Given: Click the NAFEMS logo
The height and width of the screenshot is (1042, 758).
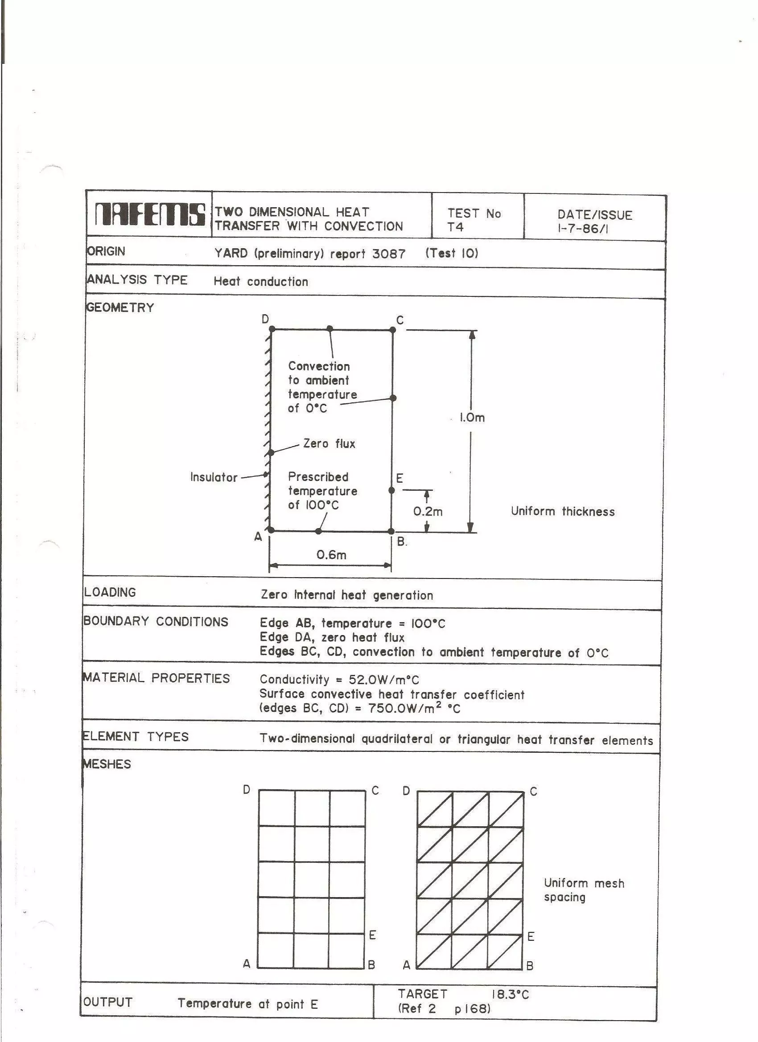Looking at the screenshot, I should point(149,214).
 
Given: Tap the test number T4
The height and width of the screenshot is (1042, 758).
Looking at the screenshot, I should point(456,227).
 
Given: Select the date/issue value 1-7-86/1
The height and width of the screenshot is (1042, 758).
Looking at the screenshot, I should point(583,228).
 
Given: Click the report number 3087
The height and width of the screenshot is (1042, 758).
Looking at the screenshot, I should point(388,254).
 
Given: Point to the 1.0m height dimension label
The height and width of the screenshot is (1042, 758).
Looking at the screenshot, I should point(472,418).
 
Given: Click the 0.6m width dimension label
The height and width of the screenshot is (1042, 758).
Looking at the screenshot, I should point(331,555).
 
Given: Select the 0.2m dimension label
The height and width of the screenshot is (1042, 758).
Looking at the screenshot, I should point(428,512).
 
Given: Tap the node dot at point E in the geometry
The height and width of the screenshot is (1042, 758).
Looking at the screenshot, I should point(391,491).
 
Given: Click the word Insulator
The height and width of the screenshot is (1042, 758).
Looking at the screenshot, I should point(214,477).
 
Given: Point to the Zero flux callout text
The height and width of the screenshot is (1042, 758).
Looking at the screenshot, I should point(329,444).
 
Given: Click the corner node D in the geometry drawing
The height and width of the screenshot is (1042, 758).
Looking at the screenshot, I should point(272,329).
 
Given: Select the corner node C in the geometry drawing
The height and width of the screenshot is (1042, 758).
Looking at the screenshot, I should point(392,330).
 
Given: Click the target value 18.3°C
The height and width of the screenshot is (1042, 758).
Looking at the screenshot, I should point(510,995).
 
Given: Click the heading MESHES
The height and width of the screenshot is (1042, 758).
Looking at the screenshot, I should point(107,764).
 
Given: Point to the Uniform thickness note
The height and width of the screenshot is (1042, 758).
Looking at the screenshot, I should point(563,512).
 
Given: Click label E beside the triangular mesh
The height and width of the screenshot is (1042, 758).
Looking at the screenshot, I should point(531,937).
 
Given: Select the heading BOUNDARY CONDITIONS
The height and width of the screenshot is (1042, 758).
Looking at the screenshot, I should point(156,622).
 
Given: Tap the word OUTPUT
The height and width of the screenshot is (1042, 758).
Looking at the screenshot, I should point(108,1002).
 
